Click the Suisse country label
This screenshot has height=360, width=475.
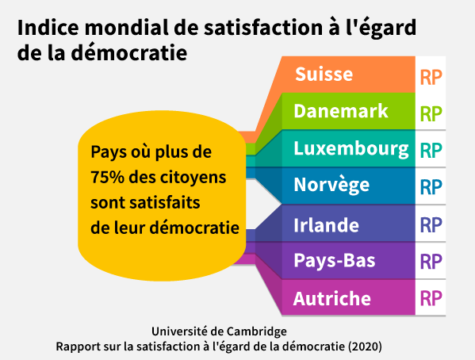tap(324, 75)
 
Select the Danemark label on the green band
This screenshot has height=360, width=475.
tap(341, 111)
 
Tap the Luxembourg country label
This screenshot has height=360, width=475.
tap(351, 148)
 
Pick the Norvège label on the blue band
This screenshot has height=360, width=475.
tap(331, 186)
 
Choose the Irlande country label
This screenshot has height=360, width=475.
tap(326, 224)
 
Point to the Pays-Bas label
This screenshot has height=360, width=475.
tap(334, 261)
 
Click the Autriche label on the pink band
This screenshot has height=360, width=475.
tap(331, 299)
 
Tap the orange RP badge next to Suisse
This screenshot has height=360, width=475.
tap(431, 77)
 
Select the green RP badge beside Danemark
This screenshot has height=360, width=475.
tap(431, 113)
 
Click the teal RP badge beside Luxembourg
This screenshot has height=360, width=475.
tap(431, 150)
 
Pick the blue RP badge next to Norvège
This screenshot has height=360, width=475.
tap(431, 187)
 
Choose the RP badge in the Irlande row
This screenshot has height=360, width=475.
tap(431, 224)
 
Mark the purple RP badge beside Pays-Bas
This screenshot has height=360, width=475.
tap(431, 262)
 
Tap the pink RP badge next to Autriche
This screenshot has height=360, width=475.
tap(431, 299)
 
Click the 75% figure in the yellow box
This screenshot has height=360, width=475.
tap(105, 176)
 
